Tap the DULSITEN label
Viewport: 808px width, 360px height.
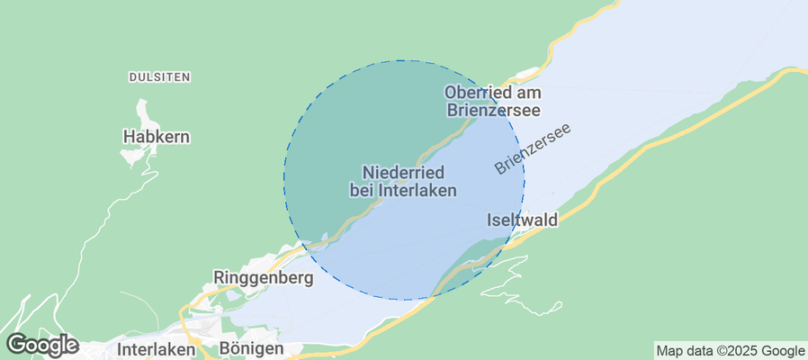click(159, 77)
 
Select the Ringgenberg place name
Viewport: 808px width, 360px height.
click(264, 277)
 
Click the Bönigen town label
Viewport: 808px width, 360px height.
click(251, 348)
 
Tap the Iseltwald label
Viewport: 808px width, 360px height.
click(522, 220)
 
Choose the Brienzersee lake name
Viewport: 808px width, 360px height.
click(533, 149)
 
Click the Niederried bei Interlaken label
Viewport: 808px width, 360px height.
click(402, 180)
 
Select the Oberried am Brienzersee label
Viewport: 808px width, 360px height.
click(493, 101)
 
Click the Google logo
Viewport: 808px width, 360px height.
click(41, 344)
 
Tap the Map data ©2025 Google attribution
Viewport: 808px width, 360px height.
click(730, 351)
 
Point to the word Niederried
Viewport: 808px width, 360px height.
click(402, 171)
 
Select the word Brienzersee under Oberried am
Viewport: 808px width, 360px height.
click(493, 111)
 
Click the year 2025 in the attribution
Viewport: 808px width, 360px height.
click(741, 351)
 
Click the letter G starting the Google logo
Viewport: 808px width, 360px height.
click(16, 344)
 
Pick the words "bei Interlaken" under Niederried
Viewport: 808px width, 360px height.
click(402, 190)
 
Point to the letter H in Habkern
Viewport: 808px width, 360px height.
click(128, 137)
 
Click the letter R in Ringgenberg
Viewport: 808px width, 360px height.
click(219, 277)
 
